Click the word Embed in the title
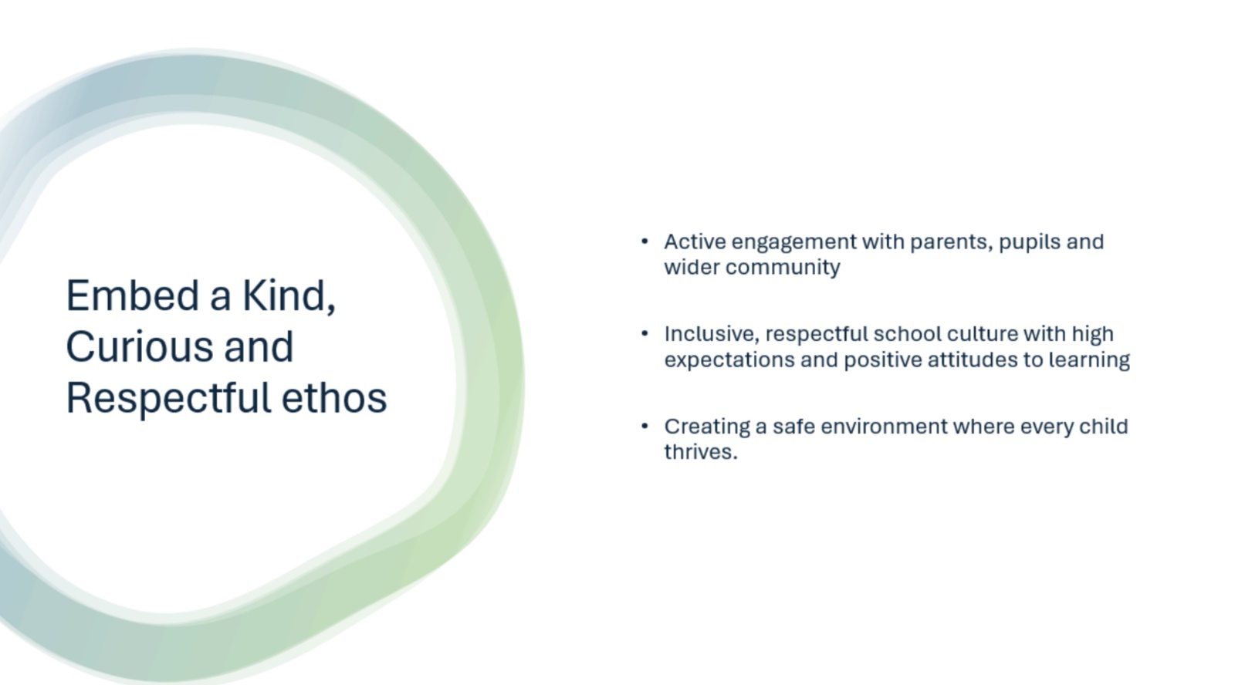[132, 295]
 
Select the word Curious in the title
[140, 346]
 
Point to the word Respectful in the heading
[168, 399]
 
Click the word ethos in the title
[334, 397]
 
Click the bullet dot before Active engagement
[645, 241]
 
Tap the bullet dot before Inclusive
[645, 332]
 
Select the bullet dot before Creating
[645, 426]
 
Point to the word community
[783, 268]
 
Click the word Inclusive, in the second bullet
[712, 335]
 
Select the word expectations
[729, 360]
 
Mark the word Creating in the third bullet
[707, 427]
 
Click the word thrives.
[700, 452]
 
